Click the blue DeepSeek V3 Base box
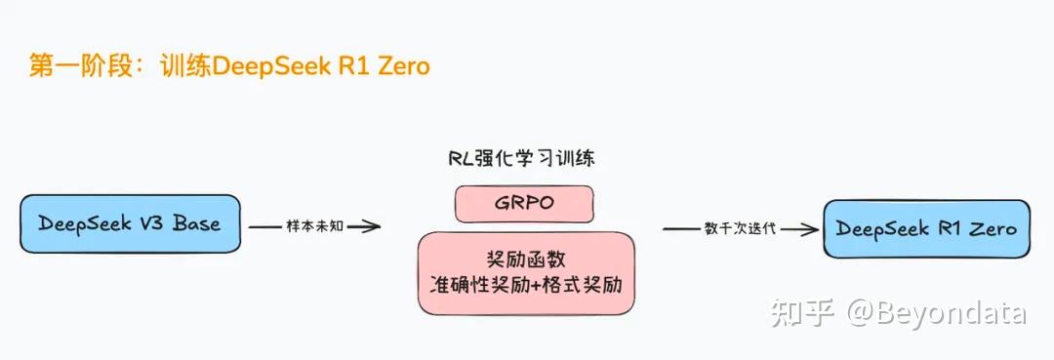coord(129,223)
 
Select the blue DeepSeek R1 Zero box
coord(925,229)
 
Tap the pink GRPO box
coord(524,203)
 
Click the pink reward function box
coord(526,272)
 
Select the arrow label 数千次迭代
coord(741,229)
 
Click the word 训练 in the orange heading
coord(185,67)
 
